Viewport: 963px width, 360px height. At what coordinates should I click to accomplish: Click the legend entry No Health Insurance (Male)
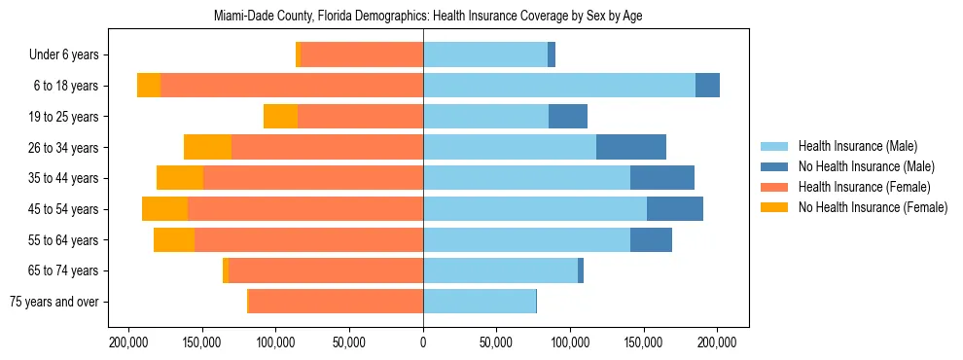(866, 166)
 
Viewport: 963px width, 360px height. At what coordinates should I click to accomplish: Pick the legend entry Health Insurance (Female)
(864, 187)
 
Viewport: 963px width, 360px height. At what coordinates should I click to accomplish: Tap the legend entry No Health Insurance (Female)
(873, 207)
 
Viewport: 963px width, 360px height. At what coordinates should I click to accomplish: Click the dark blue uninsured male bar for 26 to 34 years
(631, 147)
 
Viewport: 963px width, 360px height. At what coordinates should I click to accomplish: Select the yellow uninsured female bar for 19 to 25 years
(280, 117)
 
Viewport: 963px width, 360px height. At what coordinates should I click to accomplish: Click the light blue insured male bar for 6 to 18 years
(559, 86)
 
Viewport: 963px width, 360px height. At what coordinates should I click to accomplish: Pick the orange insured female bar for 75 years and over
(336, 302)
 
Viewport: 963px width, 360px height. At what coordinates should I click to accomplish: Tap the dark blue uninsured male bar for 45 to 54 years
(675, 209)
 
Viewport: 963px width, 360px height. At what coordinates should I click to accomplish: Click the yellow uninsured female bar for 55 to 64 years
(174, 239)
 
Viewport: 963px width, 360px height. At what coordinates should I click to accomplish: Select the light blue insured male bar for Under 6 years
(485, 54)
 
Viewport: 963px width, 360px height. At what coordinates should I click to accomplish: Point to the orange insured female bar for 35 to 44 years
(313, 178)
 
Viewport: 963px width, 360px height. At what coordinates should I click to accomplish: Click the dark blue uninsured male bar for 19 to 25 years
(568, 117)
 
